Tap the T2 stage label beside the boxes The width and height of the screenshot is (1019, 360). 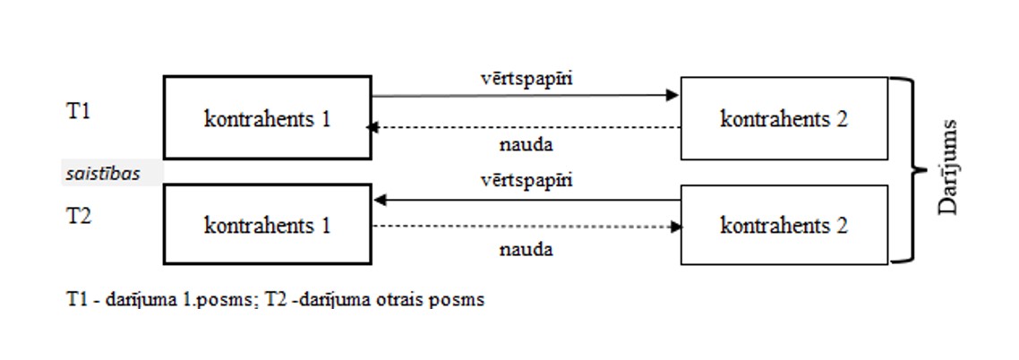[x=78, y=216]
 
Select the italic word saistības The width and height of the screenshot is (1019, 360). [x=103, y=174]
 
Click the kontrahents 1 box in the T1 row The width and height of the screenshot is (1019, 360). [x=267, y=118]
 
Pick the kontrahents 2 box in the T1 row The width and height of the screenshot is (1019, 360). [x=784, y=118]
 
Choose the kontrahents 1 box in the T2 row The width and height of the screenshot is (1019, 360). [x=267, y=225]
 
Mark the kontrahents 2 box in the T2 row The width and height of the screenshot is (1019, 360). [x=784, y=225]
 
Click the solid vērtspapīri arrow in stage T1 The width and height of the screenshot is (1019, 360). [x=526, y=95]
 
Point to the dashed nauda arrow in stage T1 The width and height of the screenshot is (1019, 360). [x=526, y=128]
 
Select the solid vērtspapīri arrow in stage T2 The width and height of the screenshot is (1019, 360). [x=526, y=200]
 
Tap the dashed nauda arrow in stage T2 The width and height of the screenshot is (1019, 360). [x=526, y=227]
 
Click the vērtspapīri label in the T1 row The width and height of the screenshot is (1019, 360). [x=526, y=78]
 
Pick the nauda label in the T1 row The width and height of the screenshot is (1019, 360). [x=526, y=144]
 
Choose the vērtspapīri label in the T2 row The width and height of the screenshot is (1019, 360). [x=526, y=180]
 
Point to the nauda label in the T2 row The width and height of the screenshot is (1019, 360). [x=526, y=249]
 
